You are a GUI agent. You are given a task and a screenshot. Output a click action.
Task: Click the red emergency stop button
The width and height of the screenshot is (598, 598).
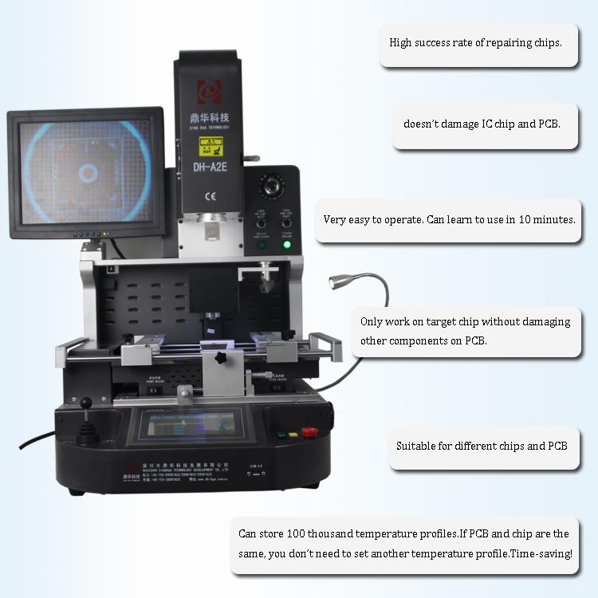tap(309, 432)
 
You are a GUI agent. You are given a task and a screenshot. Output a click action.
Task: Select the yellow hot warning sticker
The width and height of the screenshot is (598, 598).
tap(210, 147)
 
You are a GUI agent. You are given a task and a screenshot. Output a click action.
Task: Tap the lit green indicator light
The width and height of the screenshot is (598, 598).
tap(287, 244)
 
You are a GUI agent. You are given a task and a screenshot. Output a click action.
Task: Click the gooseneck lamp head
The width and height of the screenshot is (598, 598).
tap(336, 281)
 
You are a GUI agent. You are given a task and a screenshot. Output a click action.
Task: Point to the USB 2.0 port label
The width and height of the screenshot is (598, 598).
tap(255, 466)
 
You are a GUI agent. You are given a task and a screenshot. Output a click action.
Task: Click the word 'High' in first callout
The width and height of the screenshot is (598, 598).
tap(401, 42)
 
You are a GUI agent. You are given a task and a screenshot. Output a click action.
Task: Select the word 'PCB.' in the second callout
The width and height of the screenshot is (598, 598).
tap(549, 124)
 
